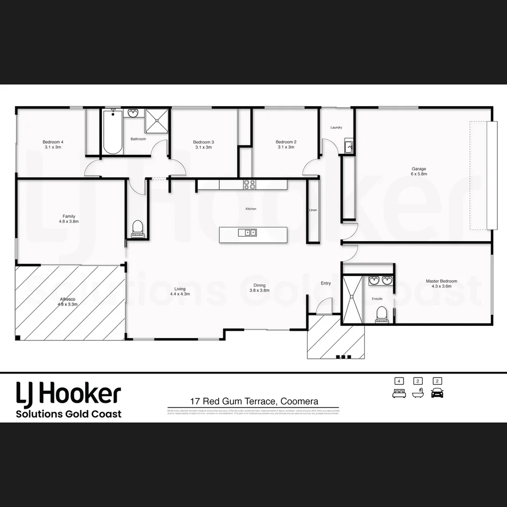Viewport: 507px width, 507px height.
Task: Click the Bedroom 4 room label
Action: click(x=53, y=145)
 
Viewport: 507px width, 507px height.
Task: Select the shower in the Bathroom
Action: click(x=156, y=122)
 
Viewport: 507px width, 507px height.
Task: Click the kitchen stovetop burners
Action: click(x=249, y=184)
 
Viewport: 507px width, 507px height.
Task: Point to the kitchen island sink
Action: click(x=247, y=232)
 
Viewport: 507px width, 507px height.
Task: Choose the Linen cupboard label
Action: click(x=313, y=210)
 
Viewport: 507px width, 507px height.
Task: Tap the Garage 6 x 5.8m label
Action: click(x=419, y=171)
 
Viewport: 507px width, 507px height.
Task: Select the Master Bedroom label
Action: click(x=441, y=284)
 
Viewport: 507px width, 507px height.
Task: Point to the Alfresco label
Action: click(x=68, y=301)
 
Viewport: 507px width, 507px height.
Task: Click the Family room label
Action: click(x=69, y=219)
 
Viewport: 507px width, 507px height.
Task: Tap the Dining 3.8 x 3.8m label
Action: click(x=259, y=288)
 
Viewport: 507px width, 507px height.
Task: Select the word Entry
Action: click(x=326, y=283)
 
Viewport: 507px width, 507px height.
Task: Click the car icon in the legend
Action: click(x=437, y=392)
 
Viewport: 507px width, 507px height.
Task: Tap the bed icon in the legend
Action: click(x=399, y=393)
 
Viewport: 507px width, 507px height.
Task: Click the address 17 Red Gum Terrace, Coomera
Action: click(x=254, y=401)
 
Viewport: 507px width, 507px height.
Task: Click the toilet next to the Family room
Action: click(x=138, y=228)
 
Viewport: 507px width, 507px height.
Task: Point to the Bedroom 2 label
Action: click(x=286, y=145)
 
